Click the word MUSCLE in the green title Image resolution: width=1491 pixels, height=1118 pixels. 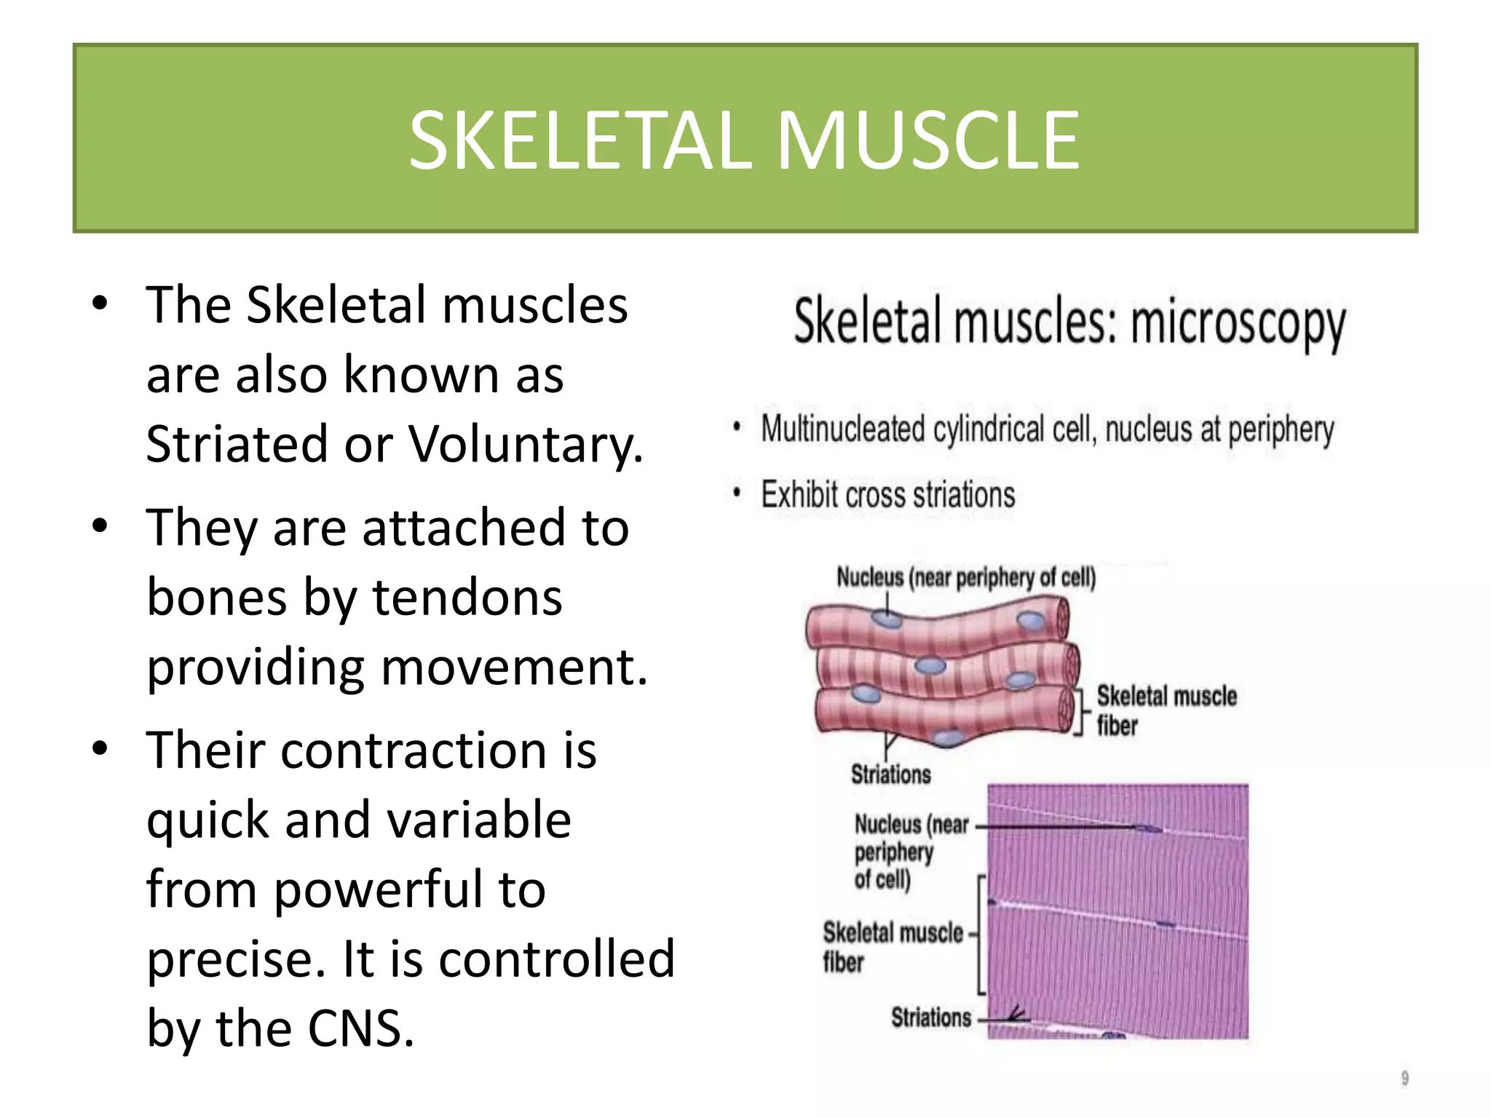928,140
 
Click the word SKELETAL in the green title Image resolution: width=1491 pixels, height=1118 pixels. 580,140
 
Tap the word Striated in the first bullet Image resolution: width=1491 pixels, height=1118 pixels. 237,443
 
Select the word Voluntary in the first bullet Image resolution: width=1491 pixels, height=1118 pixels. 525,443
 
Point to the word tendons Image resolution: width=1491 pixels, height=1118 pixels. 467,597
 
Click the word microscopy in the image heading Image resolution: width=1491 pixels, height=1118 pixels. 1238,324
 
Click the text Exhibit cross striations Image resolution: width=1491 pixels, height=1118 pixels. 887,495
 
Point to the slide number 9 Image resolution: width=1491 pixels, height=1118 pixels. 1404,1078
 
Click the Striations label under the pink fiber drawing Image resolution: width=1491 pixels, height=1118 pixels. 890,774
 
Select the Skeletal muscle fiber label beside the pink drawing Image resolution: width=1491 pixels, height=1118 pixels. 1166,710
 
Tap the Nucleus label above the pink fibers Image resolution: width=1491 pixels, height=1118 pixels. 965,577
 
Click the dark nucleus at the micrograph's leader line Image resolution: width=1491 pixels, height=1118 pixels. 1148,828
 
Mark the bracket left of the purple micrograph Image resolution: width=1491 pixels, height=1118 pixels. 981,935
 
